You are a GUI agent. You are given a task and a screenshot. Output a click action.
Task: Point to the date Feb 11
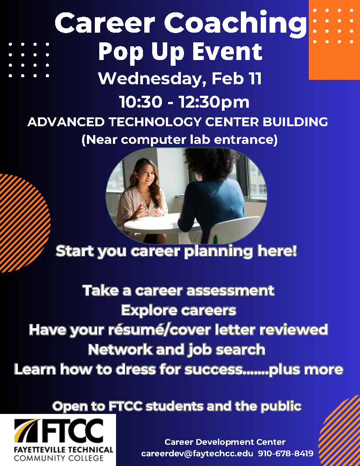[x=236, y=79]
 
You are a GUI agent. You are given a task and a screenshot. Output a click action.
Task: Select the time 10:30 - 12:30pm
[x=184, y=102]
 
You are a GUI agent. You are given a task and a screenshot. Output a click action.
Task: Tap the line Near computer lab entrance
[x=180, y=140]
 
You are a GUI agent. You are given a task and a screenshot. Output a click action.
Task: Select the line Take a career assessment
[x=178, y=290]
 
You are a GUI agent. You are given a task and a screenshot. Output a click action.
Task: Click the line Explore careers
[x=178, y=310]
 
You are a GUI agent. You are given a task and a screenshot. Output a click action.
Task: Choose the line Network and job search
[x=176, y=349]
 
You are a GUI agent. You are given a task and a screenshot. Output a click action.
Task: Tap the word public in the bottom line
[x=279, y=406]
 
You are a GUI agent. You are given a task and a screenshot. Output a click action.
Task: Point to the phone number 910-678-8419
[x=285, y=453]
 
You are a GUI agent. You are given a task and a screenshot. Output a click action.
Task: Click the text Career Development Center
[x=225, y=442]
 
